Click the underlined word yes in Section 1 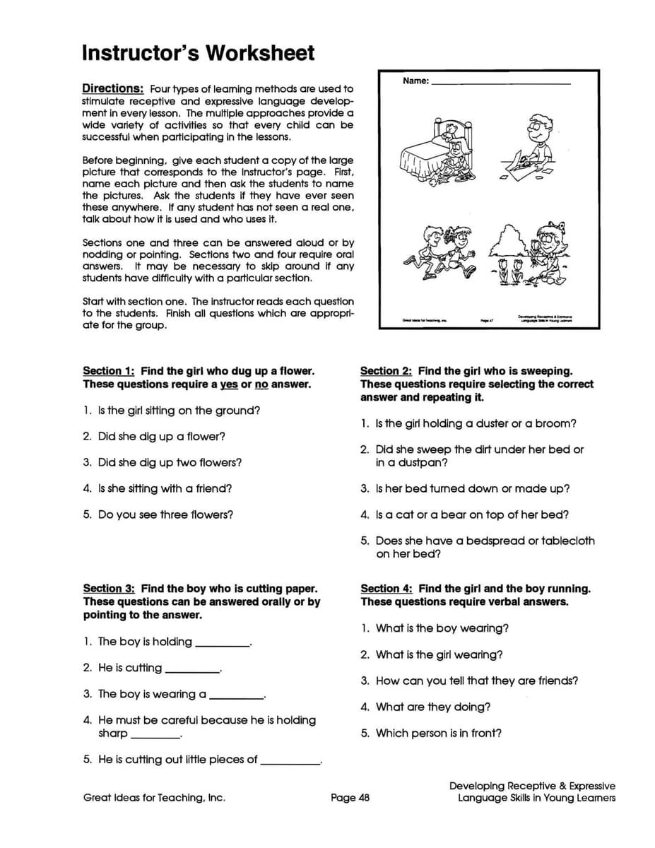coord(228,384)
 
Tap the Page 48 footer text coord(350,798)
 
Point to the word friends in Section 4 coord(552,681)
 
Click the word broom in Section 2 coord(556,424)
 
